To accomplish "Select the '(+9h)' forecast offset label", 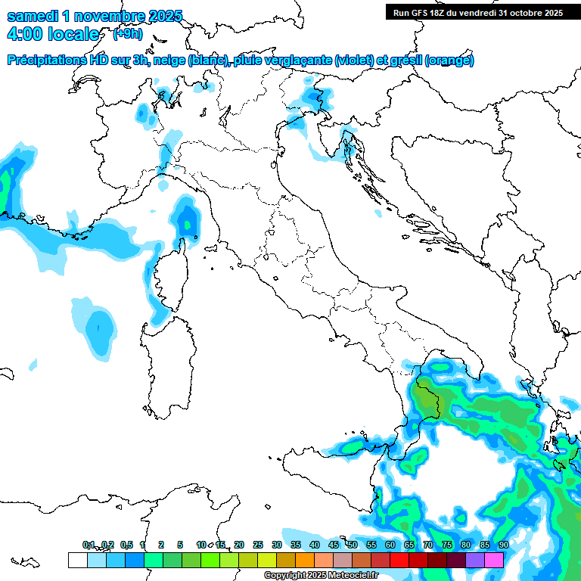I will [127, 34].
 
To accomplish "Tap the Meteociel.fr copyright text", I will [322, 575].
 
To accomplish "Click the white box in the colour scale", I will [77, 560].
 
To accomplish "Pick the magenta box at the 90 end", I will [494, 560].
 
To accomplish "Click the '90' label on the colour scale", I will [503, 545].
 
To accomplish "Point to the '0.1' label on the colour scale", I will [89, 545].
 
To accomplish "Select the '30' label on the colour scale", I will [277, 545].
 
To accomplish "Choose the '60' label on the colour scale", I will [390, 545].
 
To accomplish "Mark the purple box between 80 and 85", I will [475, 560].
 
